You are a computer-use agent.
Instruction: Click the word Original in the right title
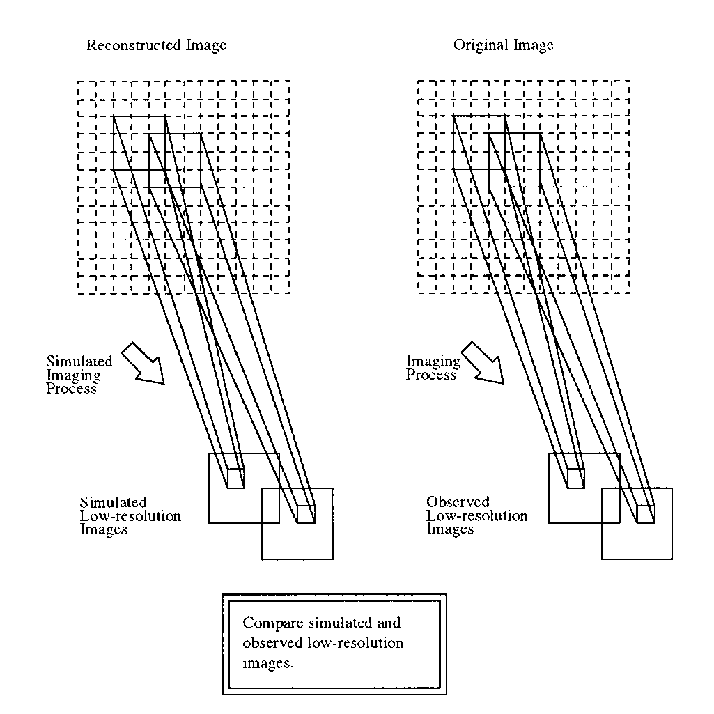click(478, 46)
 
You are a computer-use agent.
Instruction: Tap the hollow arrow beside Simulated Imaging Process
click(143, 363)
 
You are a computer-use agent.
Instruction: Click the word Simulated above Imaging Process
click(79, 362)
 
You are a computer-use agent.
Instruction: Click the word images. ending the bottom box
click(268, 664)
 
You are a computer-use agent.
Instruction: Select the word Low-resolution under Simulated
click(130, 516)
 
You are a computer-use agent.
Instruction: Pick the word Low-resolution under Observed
click(477, 516)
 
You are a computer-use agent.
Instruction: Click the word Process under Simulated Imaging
click(71, 389)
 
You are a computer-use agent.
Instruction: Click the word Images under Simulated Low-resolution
click(104, 529)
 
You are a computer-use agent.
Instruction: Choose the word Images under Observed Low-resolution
click(450, 529)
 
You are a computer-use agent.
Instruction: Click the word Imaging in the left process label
click(73, 375)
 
